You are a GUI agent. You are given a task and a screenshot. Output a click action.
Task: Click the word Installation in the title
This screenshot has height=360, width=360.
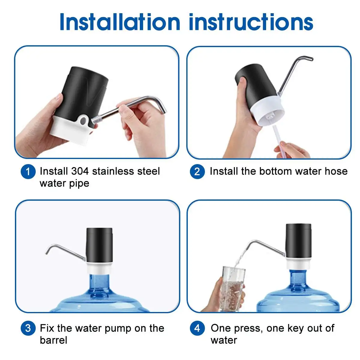tap(120, 22)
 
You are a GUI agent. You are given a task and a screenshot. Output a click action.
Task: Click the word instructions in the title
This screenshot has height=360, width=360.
tap(251, 22)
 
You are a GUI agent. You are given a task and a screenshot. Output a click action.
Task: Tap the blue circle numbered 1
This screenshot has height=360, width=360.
tap(28, 172)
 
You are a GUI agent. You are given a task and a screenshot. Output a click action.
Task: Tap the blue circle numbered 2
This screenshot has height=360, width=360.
tap(197, 172)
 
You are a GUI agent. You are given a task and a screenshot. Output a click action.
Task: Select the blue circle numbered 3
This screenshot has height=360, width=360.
tap(28, 328)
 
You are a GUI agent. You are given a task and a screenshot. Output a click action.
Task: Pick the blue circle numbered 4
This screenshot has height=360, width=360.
tap(197, 328)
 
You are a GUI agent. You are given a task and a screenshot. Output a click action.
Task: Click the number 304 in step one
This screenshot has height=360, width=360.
tap(80, 171)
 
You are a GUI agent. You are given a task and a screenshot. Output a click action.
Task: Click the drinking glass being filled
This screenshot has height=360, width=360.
tap(232, 289)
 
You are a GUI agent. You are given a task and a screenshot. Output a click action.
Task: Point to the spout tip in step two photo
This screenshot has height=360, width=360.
tap(311, 59)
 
